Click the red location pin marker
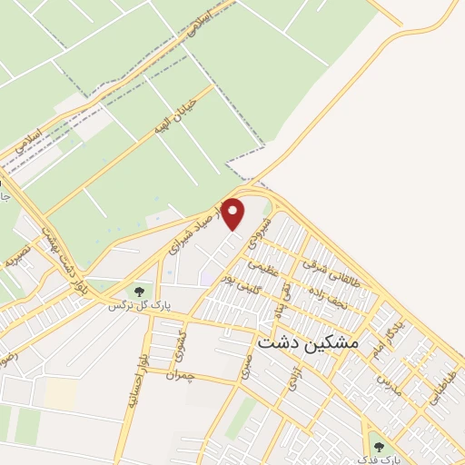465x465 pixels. click(234, 214)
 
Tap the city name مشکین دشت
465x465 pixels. click(309, 344)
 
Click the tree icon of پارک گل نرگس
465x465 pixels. click(139, 292)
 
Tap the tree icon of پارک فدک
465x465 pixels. click(378, 446)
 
